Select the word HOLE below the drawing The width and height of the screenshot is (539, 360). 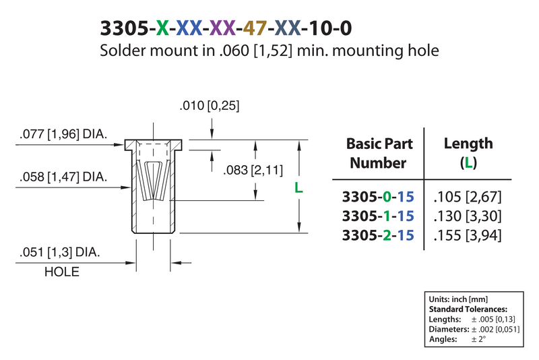(x=61, y=272)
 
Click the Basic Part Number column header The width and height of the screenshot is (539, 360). (x=379, y=153)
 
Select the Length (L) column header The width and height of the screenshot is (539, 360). (x=468, y=153)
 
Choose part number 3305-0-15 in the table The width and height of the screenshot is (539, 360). (x=378, y=198)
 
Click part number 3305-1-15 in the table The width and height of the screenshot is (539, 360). (x=378, y=216)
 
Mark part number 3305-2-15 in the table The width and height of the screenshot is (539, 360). (x=378, y=235)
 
